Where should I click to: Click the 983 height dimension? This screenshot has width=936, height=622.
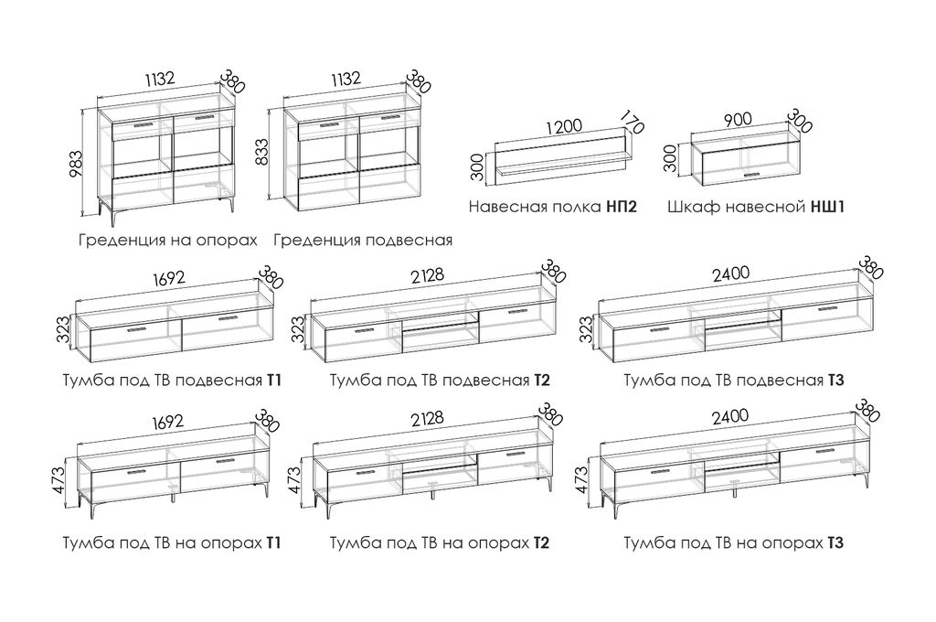coord(78,166)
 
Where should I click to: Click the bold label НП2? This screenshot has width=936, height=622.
coord(622,208)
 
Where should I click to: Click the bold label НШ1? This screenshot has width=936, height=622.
coord(828,208)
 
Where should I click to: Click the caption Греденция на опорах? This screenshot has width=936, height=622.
coord(167,241)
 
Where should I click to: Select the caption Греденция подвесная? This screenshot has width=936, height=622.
coord(363,241)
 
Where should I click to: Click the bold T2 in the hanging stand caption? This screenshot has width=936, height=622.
coord(542,380)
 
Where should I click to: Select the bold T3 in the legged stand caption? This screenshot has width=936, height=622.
coord(835,543)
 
